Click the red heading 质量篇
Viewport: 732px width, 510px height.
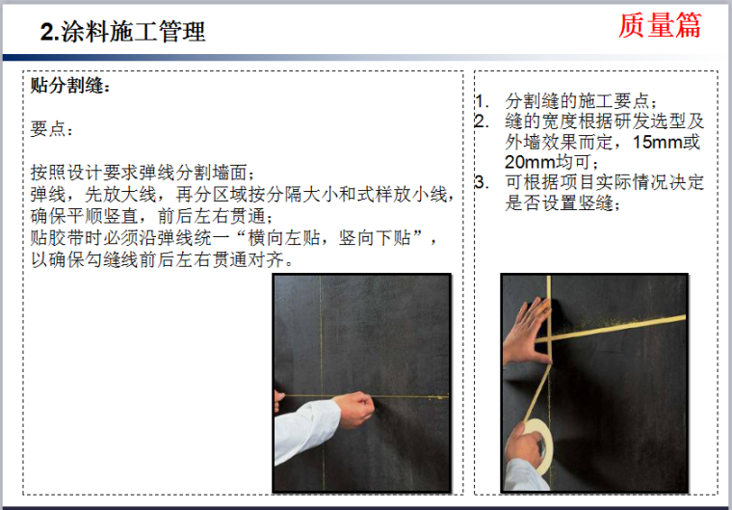(x=660, y=25)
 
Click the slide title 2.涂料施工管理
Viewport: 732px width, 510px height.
(x=122, y=32)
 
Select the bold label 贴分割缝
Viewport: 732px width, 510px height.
(x=68, y=85)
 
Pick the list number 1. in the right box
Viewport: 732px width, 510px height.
(x=483, y=100)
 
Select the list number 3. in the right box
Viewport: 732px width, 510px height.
(x=483, y=182)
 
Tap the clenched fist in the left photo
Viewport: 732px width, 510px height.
(x=355, y=409)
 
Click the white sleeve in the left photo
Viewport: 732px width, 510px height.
(x=305, y=429)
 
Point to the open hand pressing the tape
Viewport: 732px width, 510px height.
(x=528, y=333)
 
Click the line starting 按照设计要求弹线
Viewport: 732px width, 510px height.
(x=143, y=172)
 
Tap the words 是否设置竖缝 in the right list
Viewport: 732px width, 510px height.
(x=559, y=202)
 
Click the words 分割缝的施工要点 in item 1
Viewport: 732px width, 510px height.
(x=577, y=100)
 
